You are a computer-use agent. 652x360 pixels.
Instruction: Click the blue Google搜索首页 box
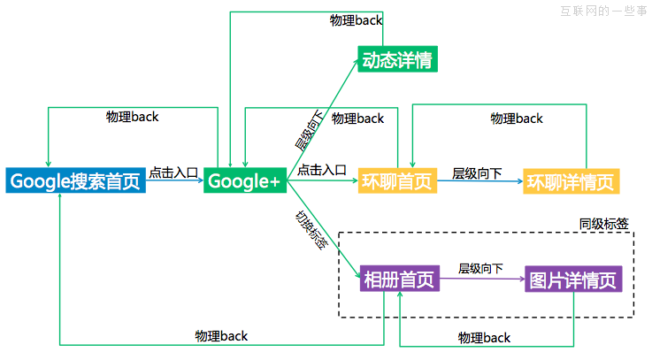click(75, 180)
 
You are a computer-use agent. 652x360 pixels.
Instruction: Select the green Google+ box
click(244, 180)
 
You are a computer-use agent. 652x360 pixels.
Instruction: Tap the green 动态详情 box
click(399, 60)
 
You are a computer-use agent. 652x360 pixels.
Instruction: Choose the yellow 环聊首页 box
click(397, 181)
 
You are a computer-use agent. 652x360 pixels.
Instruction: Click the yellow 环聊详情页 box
click(571, 181)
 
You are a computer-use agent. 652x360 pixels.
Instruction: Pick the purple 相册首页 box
click(400, 280)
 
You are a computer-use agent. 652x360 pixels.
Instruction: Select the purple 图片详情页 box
click(573, 280)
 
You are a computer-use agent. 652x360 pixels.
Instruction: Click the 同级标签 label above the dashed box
click(604, 224)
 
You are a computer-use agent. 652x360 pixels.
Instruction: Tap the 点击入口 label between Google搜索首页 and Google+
click(173, 172)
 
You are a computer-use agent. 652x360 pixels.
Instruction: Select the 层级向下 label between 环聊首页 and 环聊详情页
click(478, 173)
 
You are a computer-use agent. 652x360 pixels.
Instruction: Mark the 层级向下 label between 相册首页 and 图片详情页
click(480, 268)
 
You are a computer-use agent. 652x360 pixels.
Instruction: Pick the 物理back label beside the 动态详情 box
click(357, 19)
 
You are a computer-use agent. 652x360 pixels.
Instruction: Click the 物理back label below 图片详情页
click(484, 337)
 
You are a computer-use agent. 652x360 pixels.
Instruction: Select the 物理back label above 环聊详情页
click(518, 118)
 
